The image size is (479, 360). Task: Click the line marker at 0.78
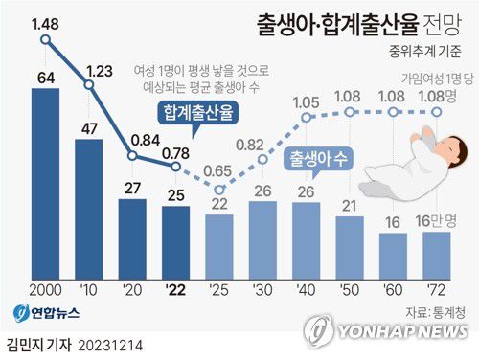coord(175,166)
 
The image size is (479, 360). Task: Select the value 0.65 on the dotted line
coord(219,171)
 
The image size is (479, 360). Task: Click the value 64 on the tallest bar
coord(44,77)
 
